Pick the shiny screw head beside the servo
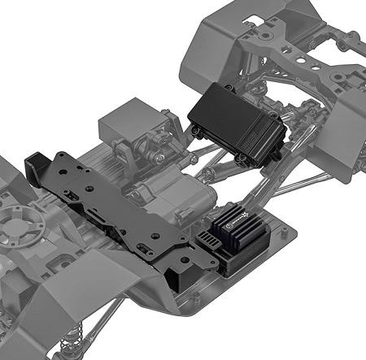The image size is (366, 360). pos(163,154)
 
